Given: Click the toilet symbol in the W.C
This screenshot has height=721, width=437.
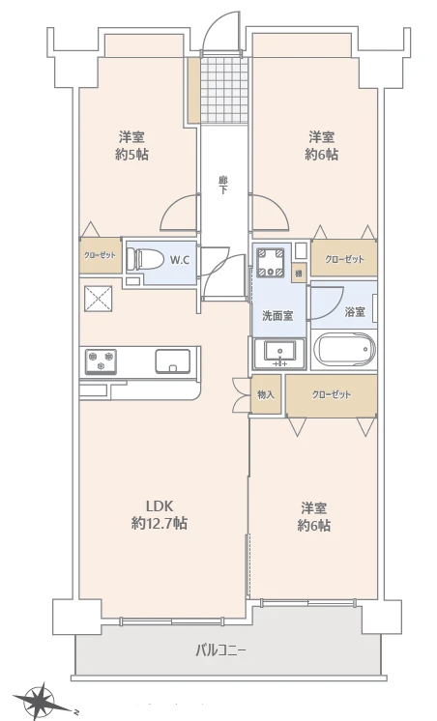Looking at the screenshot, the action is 145,260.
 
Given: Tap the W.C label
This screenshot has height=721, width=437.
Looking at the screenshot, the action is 180,260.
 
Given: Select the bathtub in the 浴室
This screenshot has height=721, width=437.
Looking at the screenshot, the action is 343,350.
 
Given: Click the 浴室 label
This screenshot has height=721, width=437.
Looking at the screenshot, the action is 355,311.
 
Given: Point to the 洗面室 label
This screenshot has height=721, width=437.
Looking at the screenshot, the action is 277,316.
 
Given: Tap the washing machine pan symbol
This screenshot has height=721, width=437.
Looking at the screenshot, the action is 271,263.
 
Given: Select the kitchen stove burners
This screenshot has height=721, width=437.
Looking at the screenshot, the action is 101,360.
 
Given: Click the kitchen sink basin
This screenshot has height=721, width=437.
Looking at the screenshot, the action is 172,360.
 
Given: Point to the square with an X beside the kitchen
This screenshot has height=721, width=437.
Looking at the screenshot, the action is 98,300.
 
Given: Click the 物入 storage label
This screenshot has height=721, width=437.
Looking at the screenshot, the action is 266,394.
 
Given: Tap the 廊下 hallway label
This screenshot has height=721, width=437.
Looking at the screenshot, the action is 223,185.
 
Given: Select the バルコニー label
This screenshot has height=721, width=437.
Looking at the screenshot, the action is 221,650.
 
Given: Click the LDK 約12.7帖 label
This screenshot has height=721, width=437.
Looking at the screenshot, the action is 160,514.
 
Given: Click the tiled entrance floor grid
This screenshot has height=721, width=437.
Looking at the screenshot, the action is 224,90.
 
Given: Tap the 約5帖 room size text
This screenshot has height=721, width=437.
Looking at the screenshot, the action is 132,155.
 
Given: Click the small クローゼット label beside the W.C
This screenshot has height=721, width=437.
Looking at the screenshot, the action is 100,255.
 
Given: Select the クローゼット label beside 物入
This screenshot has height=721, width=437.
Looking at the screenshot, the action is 332,394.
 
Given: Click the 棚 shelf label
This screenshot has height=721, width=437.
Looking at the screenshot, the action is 298,274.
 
